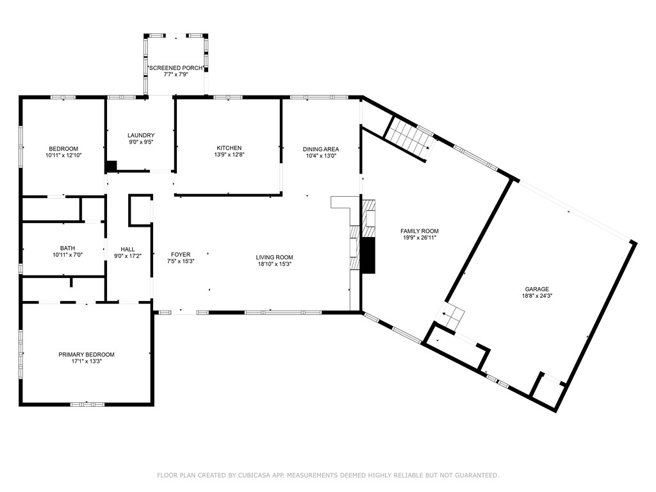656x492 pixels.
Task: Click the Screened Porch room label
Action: (x=176, y=68)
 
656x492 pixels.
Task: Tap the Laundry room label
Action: (x=141, y=135)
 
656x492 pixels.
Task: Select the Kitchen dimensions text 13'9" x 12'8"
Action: (x=229, y=154)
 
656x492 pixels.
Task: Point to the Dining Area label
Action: (x=320, y=149)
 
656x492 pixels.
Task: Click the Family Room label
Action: (x=420, y=231)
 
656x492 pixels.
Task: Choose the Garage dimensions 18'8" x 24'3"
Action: (x=537, y=297)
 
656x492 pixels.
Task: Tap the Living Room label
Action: (x=275, y=258)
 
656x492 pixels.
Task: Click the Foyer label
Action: (x=181, y=254)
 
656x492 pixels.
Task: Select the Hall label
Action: (x=127, y=249)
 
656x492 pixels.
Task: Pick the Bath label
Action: (x=67, y=248)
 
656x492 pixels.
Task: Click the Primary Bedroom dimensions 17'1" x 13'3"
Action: (x=86, y=361)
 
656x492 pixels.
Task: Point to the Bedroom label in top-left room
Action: (x=63, y=149)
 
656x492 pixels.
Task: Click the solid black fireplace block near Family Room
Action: (x=368, y=256)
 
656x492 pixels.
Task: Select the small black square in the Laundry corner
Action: (x=111, y=166)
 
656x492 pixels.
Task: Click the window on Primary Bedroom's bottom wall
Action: (x=87, y=404)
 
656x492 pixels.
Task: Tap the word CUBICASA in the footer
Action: (x=244, y=475)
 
